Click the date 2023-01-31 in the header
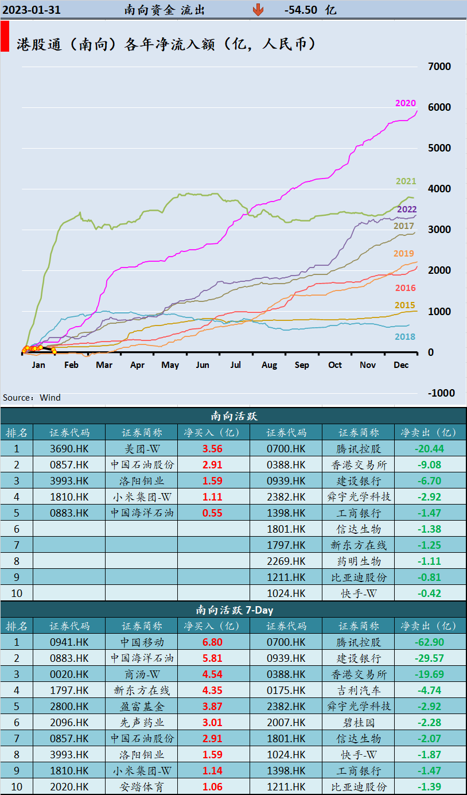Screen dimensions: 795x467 click(x=32, y=10)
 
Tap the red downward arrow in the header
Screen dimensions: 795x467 click(x=259, y=10)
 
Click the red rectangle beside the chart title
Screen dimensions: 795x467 click(x=5, y=37)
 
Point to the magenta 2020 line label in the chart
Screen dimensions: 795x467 click(x=406, y=103)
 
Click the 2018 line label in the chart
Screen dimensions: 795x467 click(x=405, y=337)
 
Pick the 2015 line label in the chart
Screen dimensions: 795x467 click(x=405, y=305)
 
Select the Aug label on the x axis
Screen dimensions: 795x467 click(x=269, y=365)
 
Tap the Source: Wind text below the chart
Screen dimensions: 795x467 click(x=32, y=398)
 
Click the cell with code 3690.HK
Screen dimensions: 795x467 click(x=69, y=449)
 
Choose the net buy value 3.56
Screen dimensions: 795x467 click(x=212, y=449)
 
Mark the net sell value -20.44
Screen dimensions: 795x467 click(x=429, y=449)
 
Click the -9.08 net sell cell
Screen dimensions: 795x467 click(x=429, y=465)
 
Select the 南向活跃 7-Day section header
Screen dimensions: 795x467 click(x=234, y=610)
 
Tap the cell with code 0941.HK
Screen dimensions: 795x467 click(x=69, y=642)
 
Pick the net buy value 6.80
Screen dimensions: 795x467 click(x=212, y=642)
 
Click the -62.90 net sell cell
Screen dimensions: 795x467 click(x=429, y=642)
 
